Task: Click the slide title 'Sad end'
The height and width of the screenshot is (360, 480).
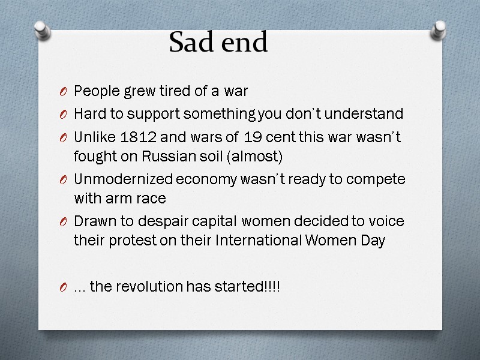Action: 218,43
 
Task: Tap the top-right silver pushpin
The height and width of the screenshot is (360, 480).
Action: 439,29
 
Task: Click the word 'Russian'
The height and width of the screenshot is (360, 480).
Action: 163,157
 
